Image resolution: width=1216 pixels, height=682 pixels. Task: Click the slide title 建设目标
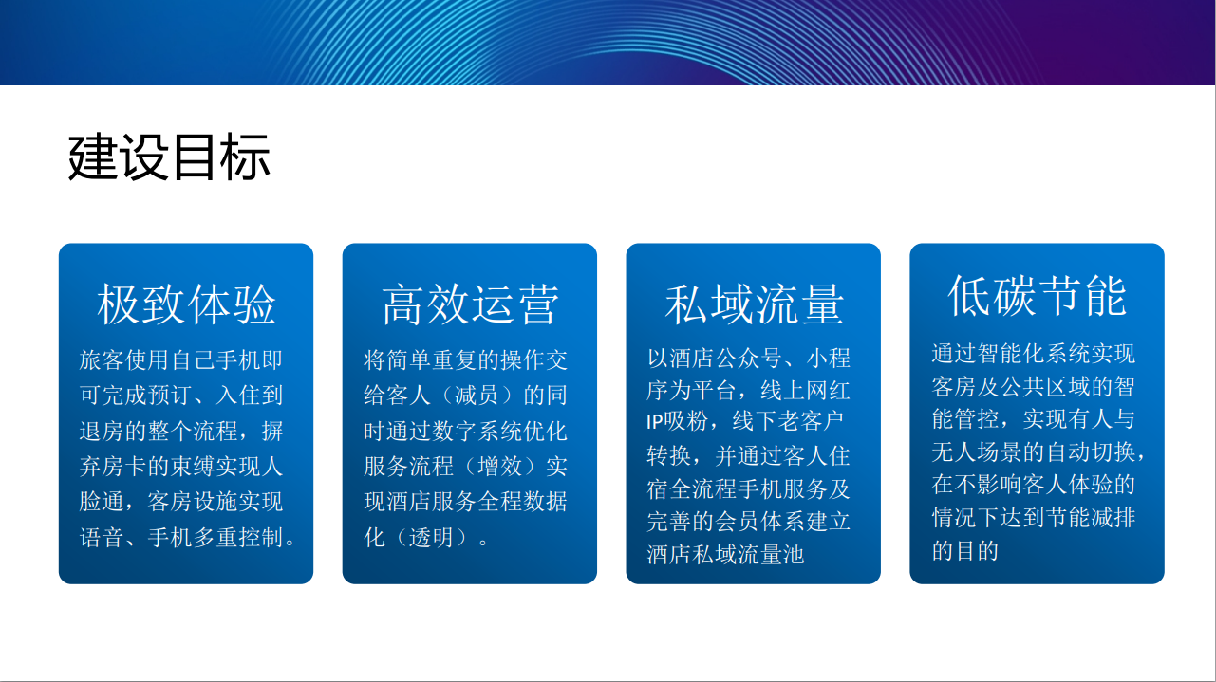click(169, 157)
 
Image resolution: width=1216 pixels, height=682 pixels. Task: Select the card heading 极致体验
click(186, 304)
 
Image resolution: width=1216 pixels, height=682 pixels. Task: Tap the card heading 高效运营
click(470, 304)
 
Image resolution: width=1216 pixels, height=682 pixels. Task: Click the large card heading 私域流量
click(754, 304)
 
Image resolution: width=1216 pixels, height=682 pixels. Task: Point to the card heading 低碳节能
click(1038, 296)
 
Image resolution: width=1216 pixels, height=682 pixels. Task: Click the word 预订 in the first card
click(170, 395)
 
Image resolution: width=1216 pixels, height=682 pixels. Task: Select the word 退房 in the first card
click(102, 431)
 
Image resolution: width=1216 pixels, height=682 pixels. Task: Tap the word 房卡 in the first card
click(124, 466)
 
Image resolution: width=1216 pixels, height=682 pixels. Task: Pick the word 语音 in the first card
click(102, 537)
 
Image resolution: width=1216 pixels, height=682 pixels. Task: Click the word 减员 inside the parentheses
click(477, 395)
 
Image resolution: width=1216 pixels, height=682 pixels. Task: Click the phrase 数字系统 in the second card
click(477, 431)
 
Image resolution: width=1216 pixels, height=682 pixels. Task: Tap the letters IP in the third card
click(655, 421)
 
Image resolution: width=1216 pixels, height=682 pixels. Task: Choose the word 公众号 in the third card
click(748, 359)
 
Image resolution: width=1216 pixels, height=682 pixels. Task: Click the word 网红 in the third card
click(828, 390)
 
